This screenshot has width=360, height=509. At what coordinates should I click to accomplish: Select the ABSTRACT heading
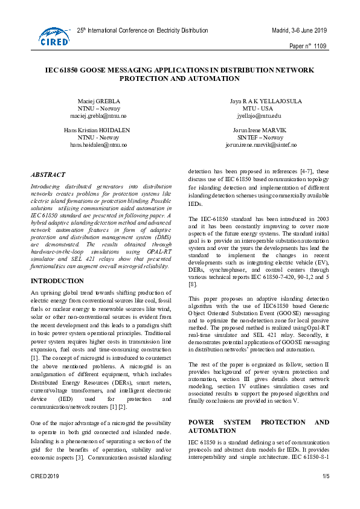pyautogui.click(x=48, y=173)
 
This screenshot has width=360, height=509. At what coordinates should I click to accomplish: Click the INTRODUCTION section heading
pyautogui.click(x=57, y=281)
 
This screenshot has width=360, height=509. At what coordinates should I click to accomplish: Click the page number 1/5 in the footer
pyautogui.click(x=326, y=494)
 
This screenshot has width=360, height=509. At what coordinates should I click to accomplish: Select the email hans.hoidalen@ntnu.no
pyautogui.click(x=98, y=145)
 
